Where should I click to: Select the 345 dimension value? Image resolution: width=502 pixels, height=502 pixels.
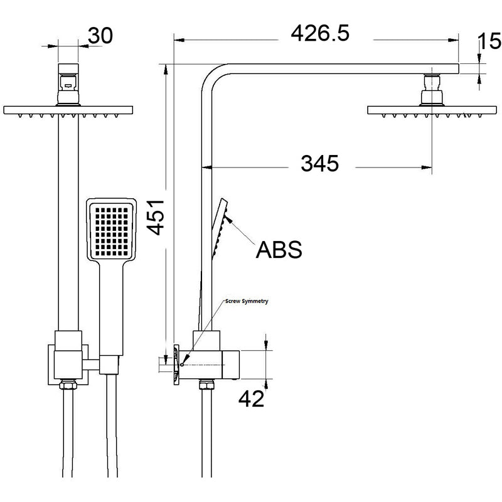319,164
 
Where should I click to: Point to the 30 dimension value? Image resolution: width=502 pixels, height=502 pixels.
100,35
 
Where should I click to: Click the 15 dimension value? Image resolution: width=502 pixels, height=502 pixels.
489,43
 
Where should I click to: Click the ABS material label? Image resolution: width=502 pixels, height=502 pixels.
279,249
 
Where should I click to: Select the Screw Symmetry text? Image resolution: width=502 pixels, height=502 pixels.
247,302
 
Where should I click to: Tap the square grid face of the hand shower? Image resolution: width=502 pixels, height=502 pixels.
112,231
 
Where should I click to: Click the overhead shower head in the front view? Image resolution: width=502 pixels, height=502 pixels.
69,110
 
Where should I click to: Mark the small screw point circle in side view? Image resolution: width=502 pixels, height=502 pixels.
181,364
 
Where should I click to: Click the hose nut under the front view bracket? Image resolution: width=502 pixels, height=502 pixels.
68,385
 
